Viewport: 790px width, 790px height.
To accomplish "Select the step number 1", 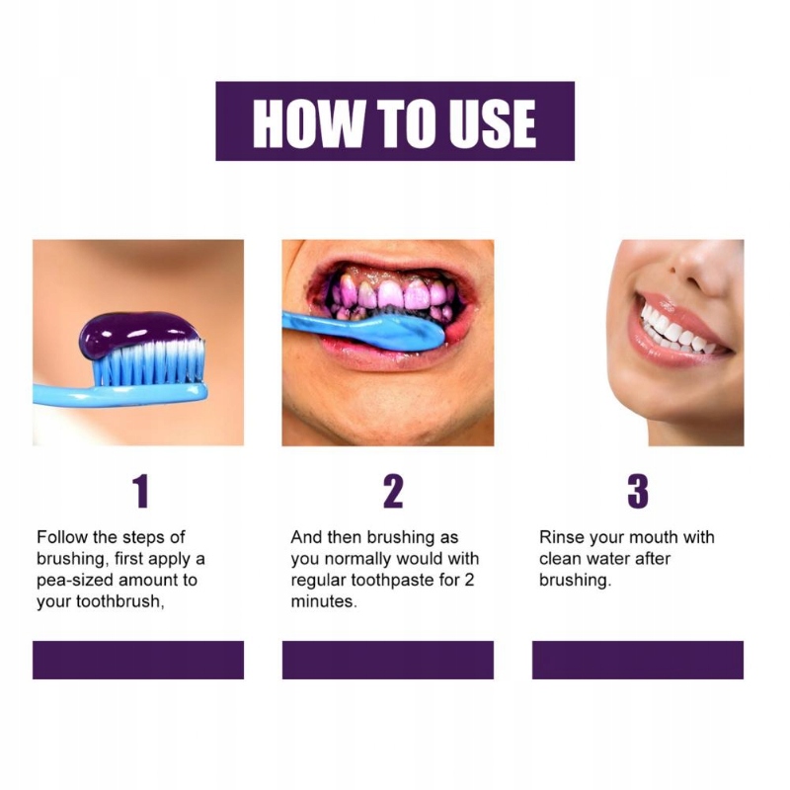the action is click(140, 491).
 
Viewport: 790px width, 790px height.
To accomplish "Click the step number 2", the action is click(393, 491).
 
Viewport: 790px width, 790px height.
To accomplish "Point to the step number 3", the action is click(638, 491).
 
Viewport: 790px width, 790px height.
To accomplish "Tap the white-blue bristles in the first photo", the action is click(149, 361).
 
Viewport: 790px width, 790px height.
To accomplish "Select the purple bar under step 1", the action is click(138, 660).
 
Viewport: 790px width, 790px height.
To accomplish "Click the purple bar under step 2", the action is click(388, 660).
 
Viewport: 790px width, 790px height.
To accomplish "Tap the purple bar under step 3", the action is click(638, 660).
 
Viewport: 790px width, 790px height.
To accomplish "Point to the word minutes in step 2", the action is click(324, 601).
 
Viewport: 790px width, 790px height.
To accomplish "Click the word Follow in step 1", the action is click(62, 537).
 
